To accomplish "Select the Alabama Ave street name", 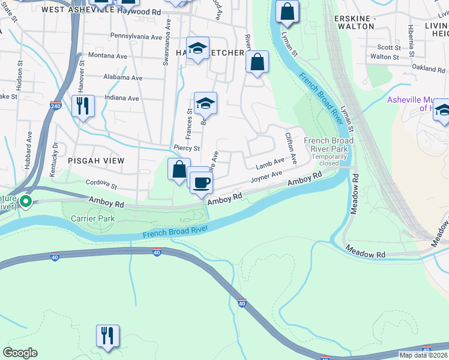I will pyautogui.click(x=122, y=78).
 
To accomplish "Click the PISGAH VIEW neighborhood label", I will pyautogui.click(x=96, y=161).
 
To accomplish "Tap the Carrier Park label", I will pyautogui.click(x=92, y=219).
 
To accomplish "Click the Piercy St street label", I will pyautogui.click(x=186, y=148).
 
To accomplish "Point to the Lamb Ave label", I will pyautogui.click(x=270, y=163).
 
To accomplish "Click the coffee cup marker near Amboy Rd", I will pyautogui.click(x=201, y=182).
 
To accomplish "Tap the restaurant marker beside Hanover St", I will pyautogui.click(x=83, y=106).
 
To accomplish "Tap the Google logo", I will pyautogui.click(x=20, y=353).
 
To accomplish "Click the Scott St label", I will pyautogui.click(x=388, y=47).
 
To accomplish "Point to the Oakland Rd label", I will pyautogui.click(x=429, y=69).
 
